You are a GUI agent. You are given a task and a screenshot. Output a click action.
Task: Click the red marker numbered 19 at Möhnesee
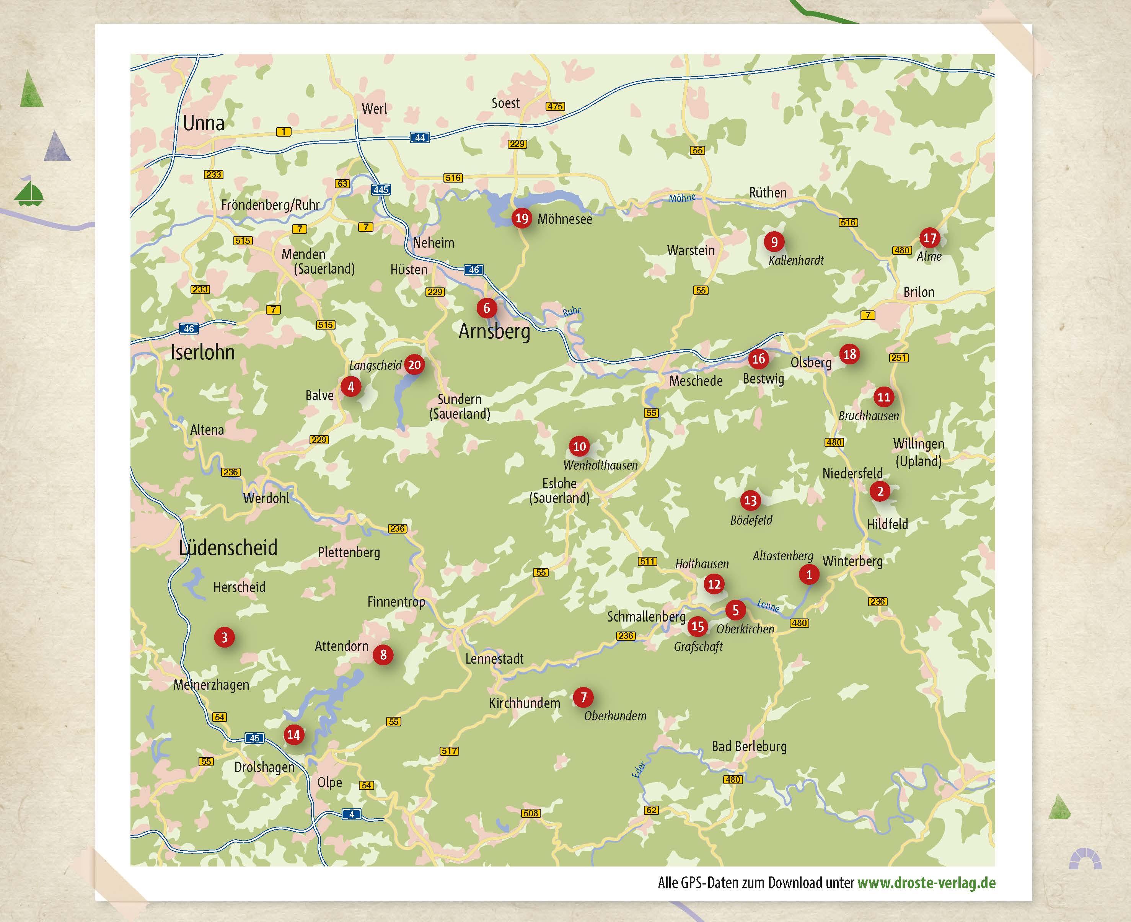(x=521, y=218)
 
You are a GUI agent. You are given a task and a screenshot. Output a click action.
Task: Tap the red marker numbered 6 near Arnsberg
(x=486, y=308)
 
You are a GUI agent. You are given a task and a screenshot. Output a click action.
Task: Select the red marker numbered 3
(x=225, y=637)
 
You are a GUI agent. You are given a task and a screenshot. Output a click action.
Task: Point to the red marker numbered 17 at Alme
(x=929, y=238)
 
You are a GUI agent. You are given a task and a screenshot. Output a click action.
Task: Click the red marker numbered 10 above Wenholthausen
(x=579, y=446)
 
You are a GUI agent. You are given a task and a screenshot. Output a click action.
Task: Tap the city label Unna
(x=204, y=123)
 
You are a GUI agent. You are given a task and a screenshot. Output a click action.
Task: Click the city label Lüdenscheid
(x=228, y=548)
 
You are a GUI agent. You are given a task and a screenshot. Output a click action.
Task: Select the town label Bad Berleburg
(x=749, y=746)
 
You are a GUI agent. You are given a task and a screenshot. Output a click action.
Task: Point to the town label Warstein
(x=691, y=250)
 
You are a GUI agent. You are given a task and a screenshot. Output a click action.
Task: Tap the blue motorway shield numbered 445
(x=381, y=189)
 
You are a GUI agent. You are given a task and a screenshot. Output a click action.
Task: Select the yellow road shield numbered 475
(x=555, y=106)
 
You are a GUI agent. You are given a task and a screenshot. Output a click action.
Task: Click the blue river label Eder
(x=639, y=769)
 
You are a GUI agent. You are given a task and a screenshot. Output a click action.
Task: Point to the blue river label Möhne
(x=682, y=198)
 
